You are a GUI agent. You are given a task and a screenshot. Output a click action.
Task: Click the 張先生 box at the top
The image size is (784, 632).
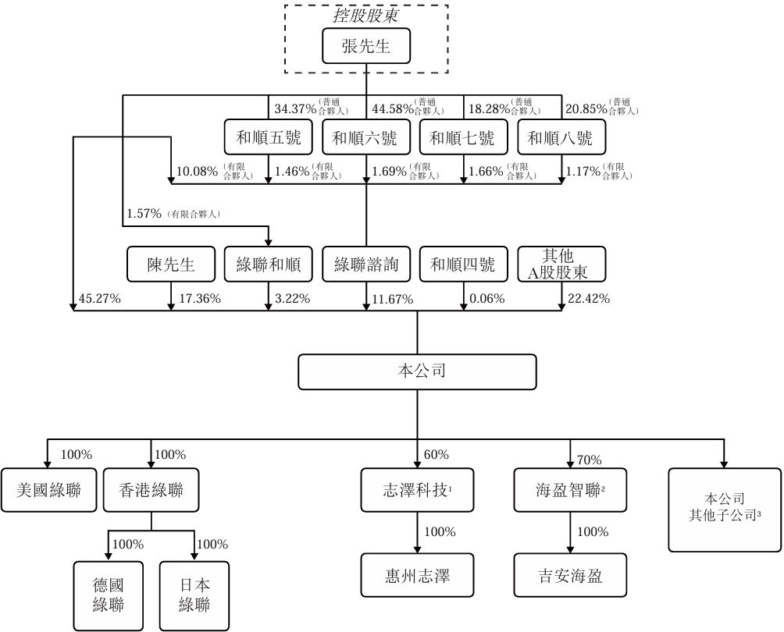366,46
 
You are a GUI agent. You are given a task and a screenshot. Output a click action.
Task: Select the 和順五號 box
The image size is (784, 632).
269,137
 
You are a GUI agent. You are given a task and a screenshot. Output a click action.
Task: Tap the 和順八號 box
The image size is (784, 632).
561,137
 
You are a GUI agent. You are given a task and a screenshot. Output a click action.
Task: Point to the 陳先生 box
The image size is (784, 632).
171,264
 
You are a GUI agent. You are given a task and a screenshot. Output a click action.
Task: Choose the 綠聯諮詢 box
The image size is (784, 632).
366,264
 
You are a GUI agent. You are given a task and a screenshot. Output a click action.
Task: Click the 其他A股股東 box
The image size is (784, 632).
561,264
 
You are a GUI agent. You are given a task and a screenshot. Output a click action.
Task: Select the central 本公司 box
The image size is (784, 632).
418,372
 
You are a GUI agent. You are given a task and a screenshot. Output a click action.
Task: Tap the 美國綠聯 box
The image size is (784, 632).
48,490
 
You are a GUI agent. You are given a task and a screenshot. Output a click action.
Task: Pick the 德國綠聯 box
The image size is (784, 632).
109,596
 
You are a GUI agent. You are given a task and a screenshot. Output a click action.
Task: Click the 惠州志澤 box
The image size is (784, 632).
418,575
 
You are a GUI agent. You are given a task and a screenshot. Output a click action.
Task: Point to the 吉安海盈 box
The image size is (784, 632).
571,575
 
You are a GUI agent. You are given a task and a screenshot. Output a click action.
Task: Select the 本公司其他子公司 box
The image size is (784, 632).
725,510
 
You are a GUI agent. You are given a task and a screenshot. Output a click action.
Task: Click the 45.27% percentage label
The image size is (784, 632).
99,299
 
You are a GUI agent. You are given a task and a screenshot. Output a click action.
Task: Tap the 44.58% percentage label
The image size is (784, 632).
393,108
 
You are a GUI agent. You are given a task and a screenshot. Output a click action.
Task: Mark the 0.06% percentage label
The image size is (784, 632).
487,299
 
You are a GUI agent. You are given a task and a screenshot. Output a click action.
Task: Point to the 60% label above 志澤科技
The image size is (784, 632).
436,455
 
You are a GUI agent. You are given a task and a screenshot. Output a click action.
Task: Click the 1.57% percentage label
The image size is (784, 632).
144,214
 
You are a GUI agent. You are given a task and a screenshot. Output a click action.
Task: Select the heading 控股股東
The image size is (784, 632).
366,16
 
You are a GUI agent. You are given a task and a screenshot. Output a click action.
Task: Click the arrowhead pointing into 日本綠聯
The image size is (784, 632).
194,558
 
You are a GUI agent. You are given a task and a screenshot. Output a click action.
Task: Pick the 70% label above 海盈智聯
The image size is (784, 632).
589,460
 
